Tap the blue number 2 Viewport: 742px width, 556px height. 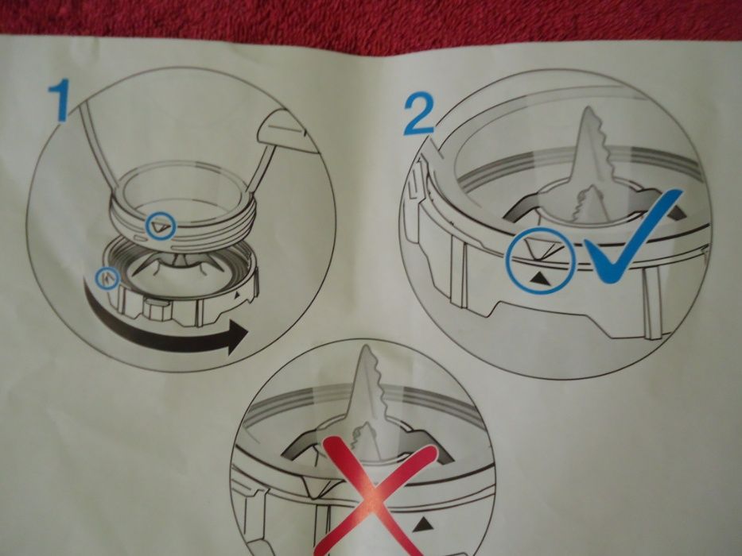pyautogui.click(x=418, y=114)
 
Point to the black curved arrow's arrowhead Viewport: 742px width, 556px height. pyautogui.click(x=238, y=337)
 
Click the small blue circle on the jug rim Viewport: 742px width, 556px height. pyautogui.click(x=161, y=226)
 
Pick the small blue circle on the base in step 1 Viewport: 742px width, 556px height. pyautogui.click(x=107, y=279)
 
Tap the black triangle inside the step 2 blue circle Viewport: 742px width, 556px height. pyautogui.click(x=539, y=280)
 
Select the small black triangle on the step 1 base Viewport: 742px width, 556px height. pyautogui.click(x=237, y=294)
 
